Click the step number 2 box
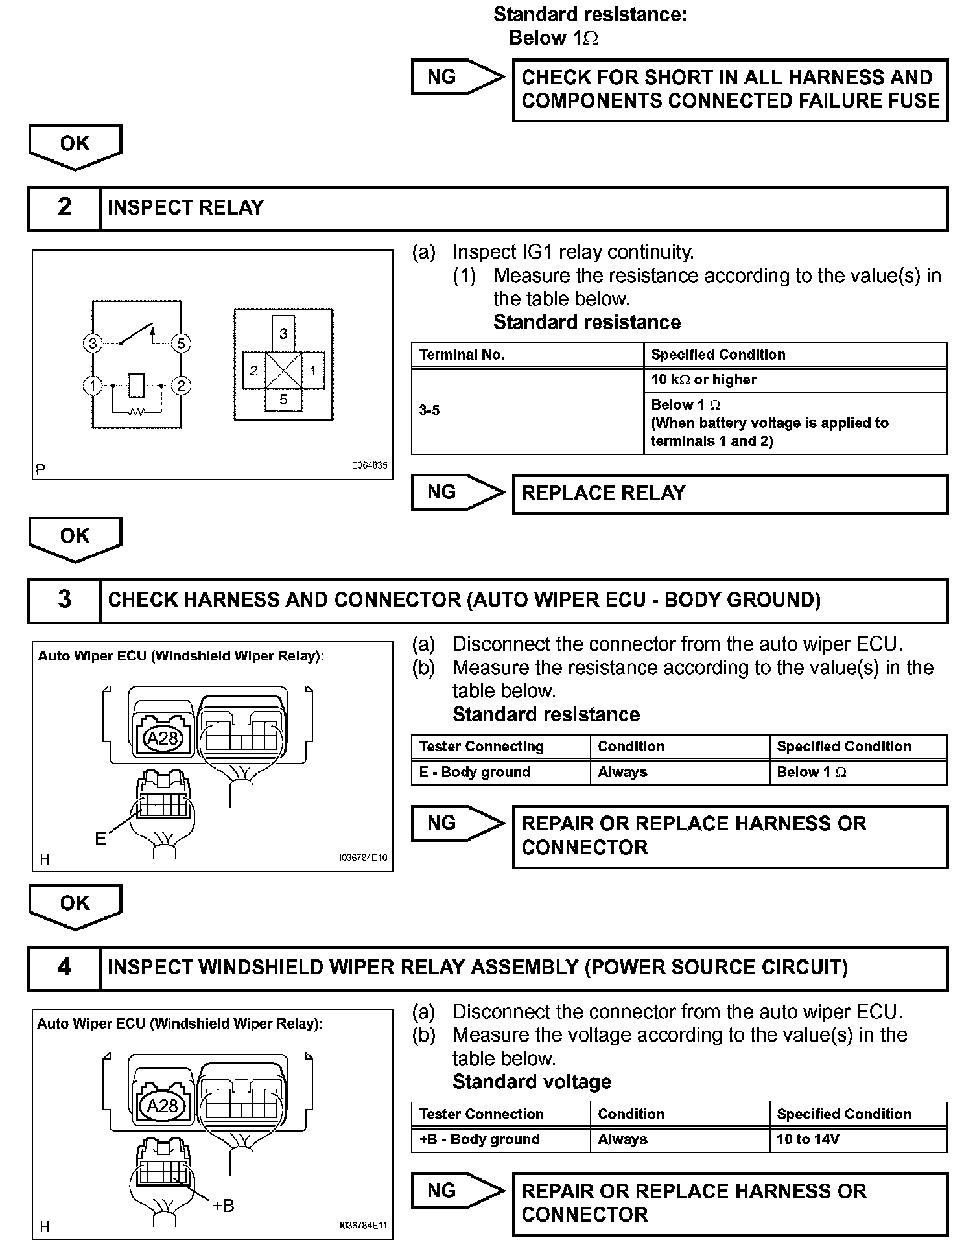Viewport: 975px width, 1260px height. click(64, 208)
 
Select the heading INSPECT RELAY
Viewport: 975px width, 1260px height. click(185, 208)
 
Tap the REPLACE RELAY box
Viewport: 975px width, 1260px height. click(729, 494)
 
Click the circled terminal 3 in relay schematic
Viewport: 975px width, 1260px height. click(93, 344)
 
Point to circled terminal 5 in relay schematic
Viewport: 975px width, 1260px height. click(181, 344)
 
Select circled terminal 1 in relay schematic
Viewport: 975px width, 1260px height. click(93, 386)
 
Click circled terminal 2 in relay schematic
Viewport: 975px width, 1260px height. click(181, 386)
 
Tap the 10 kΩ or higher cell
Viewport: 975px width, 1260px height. click(795, 380)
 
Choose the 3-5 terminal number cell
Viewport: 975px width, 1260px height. click(527, 411)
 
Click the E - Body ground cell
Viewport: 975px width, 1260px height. click(500, 773)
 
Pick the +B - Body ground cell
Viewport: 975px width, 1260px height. click(500, 1140)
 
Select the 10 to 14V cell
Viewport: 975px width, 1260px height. click(858, 1140)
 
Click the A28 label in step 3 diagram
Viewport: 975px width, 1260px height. click(163, 739)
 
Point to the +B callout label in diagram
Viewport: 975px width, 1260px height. click(223, 1206)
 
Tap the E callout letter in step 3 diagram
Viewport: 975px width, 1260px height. click(100, 839)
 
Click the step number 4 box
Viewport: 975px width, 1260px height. click(64, 968)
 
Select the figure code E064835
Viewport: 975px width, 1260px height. click(369, 465)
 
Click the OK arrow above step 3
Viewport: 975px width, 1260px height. click(75, 539)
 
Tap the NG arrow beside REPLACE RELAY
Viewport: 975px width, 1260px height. click(457, 493)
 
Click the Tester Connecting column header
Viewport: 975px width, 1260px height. click(500, 747)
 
